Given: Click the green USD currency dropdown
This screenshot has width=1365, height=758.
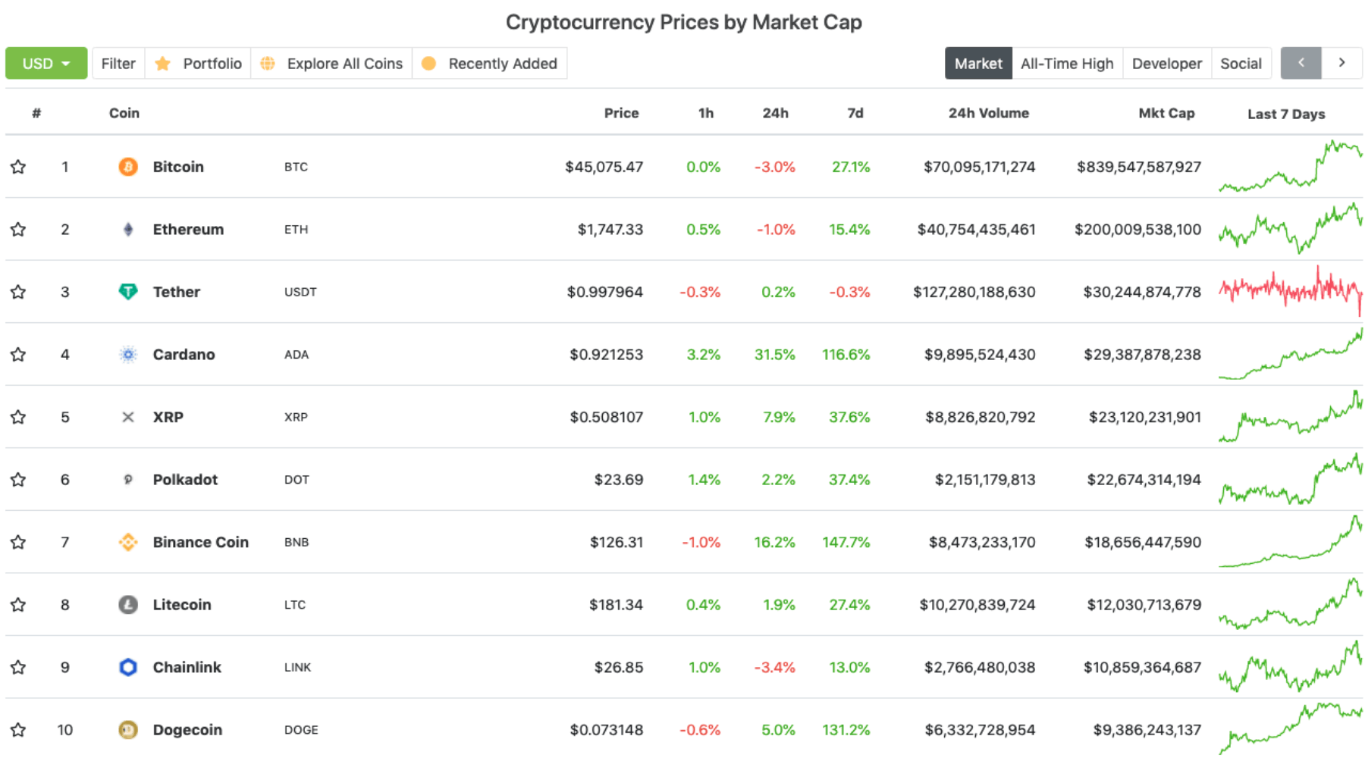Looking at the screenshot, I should [x=46, y=64].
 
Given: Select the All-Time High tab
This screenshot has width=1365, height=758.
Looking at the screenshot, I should [x=1066, y=64].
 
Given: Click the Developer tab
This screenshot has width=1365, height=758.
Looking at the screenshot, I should [x=1166, y=64].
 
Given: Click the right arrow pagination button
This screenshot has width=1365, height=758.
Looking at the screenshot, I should [x=1341, y=63].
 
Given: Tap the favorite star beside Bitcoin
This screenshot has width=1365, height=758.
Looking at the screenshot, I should [x=18, y=167].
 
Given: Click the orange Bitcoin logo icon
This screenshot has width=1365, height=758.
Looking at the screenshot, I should [x=128, y=167].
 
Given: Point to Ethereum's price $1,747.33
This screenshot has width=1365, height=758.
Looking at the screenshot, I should [x=610, y=230].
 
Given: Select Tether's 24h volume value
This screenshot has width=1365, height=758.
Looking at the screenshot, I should [x=974, y=292].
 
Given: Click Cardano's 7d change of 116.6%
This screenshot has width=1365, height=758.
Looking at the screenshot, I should [x=846, y=355].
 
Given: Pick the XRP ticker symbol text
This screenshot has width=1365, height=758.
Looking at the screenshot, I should [x=296, y=417].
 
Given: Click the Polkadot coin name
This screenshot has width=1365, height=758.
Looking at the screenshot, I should [x=185, y=480].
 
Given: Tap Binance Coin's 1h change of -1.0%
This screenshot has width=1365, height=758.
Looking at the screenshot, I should [x=700, y=543].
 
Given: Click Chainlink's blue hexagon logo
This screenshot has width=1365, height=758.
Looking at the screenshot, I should [x=128, y=667].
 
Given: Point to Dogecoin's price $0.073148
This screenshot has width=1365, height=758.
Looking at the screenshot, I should [x=606, y=730].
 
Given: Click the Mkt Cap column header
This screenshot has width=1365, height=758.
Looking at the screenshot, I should [x=1166, y=113].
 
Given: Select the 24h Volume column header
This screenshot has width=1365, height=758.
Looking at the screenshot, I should [x=988, y=113].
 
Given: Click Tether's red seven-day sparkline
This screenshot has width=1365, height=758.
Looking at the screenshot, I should [x=1290, y=290].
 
